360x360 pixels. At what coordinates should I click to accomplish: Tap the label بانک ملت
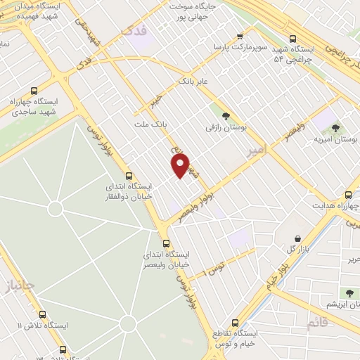(150, 124)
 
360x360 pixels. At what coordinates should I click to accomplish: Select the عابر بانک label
(194, 81)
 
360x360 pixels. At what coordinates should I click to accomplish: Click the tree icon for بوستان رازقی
(226, 116)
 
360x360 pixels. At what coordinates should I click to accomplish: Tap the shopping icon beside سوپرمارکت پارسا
(240, 36)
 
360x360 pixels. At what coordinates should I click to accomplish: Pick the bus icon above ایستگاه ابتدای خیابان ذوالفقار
(128, 176)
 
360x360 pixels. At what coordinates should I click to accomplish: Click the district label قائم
(317, 323)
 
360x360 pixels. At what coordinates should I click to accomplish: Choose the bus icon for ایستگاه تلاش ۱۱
(42, 314)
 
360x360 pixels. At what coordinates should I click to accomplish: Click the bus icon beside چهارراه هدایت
(347, 195)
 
